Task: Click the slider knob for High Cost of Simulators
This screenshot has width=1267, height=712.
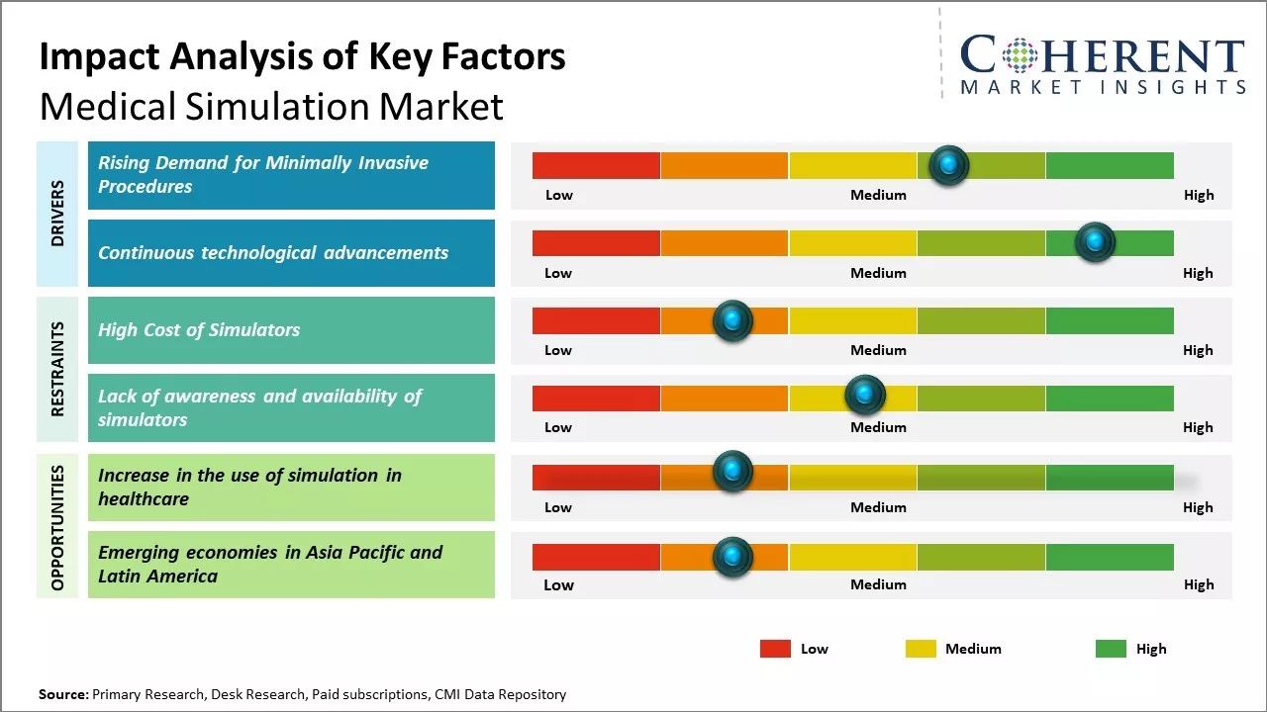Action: click(x=732, y=320)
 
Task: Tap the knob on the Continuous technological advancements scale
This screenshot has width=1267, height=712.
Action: click(x=1095, y=242)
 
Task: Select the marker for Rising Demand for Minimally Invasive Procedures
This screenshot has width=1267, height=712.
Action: click(x=949, y=165)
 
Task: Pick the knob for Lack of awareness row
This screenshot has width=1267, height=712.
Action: click(x=865, y=396)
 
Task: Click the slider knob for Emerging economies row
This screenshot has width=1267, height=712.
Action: click(x=732, y=557)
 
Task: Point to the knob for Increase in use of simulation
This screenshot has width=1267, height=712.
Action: click(x=732, y=472)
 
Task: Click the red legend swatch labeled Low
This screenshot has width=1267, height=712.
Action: click(x=775, y=649)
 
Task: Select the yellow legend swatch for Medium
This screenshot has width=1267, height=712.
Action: click(x=921, y=649)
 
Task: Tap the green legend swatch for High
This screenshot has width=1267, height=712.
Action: click(x=1111, y=649)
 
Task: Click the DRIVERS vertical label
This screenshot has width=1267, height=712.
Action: click(x=57, y=214)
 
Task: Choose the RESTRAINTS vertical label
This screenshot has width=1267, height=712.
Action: click(x=57, y=369)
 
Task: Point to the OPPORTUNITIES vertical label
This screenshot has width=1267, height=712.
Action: click(x=57, y=527)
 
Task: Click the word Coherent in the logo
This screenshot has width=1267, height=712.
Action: click(x=1102, y=55)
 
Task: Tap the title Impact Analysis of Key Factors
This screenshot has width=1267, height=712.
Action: click(x=302, y=57)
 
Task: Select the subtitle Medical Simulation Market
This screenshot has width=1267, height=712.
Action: click(x=271, y=106)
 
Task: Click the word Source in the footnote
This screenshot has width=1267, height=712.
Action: click(x=62, y=694)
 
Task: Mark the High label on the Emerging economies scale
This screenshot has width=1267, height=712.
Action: click(x=1198, y=584)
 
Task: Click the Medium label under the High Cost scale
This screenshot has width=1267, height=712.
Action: click(x=878, y=350)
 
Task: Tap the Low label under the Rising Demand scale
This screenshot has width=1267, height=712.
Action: click(x=559, y=195)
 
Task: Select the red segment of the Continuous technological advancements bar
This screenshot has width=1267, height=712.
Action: click(x=596, y=243)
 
